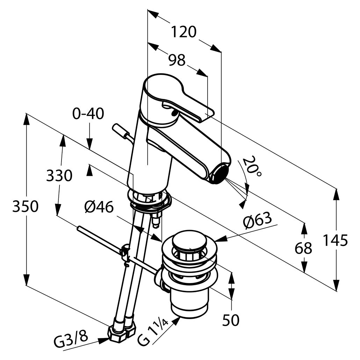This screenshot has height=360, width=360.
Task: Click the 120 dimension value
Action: pos(184,32)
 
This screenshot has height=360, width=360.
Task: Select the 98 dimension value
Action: pos(177,60)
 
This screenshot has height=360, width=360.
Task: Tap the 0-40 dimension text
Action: pos(88,114)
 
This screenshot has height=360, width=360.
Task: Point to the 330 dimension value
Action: pos(59,176)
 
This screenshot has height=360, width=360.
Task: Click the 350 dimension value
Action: pos(25,207)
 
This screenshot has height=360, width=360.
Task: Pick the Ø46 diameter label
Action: pos(99,208)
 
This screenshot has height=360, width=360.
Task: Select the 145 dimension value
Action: pos(335,240)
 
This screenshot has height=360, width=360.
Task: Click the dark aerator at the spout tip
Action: pos(219,174)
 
